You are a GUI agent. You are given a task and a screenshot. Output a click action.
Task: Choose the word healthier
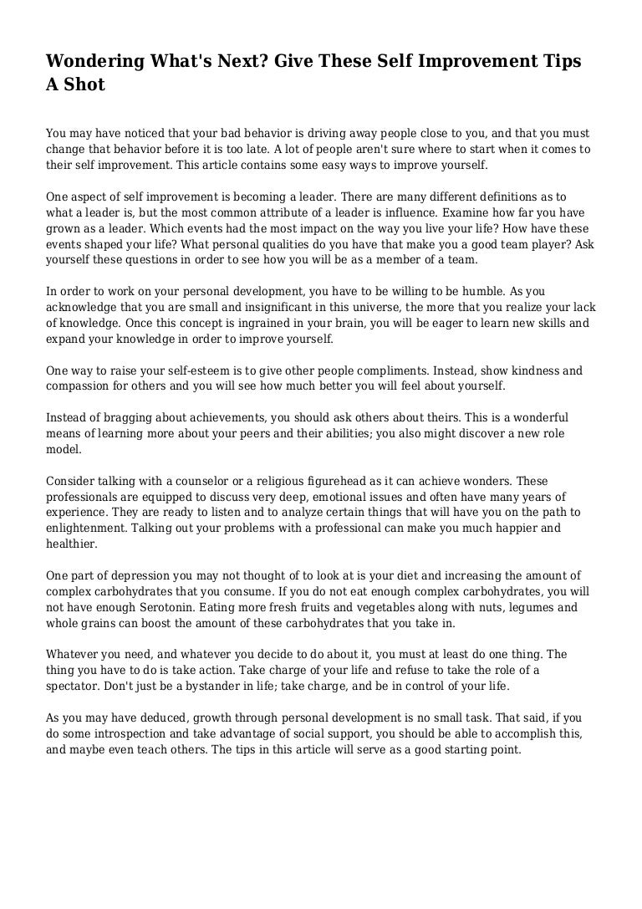(x=73, y=544)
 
